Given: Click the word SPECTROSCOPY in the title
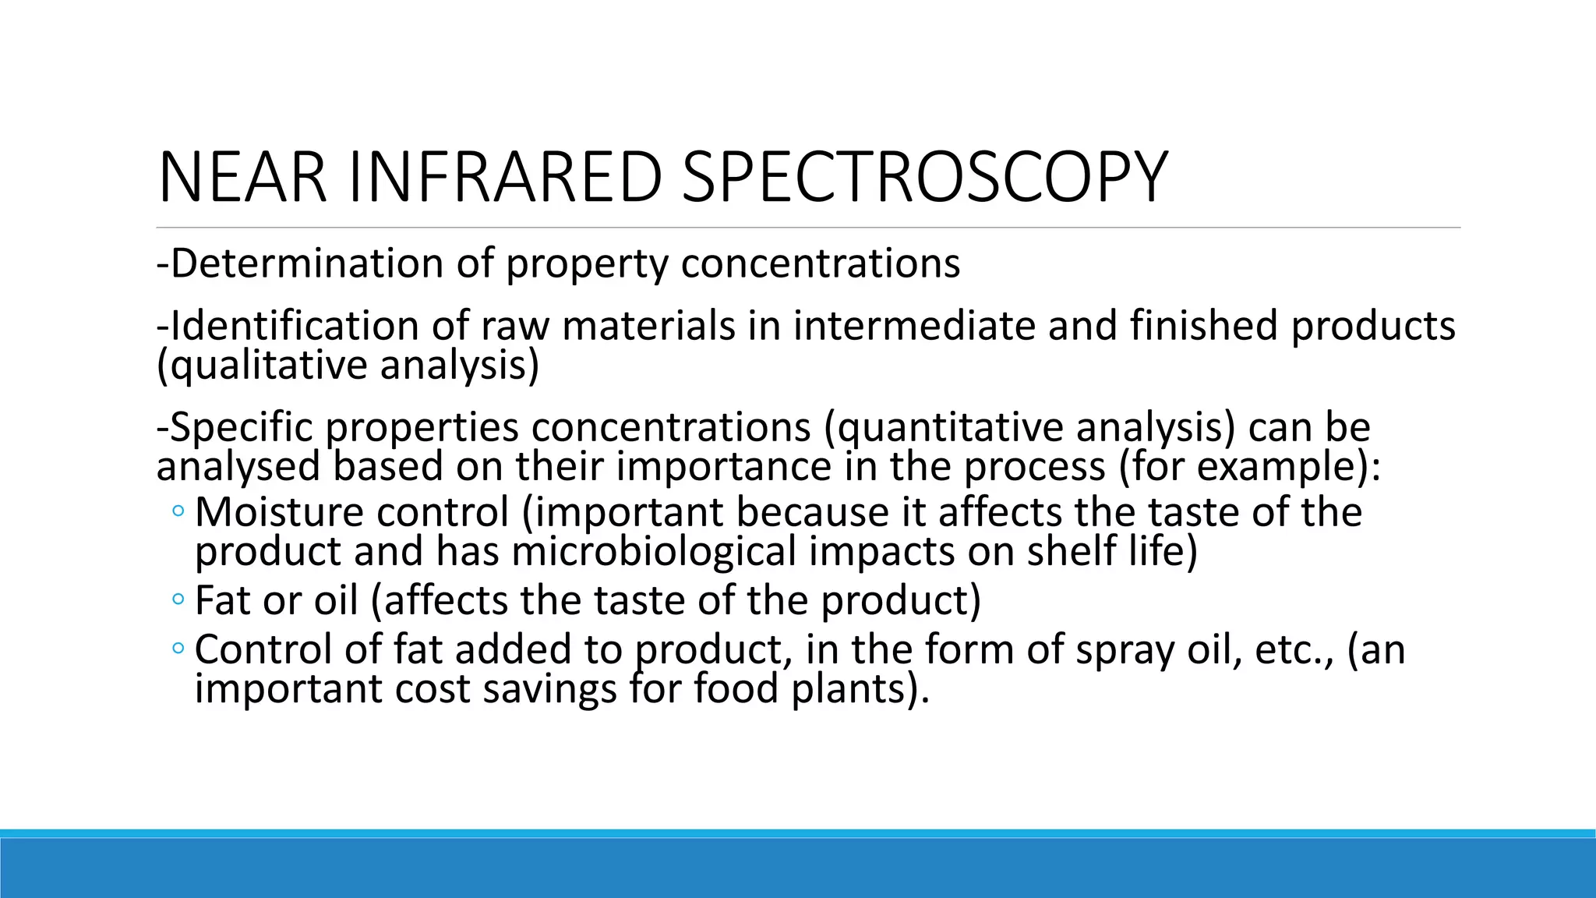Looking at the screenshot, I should point(924,178).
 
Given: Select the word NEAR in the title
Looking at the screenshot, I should point(242,178).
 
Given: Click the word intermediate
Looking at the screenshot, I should point(917,325).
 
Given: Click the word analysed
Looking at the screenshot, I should point(238,466).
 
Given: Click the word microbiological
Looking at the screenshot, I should point(655,551).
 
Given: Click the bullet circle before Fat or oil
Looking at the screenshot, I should point(178,600).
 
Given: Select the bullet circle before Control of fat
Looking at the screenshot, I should point(178,649).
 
